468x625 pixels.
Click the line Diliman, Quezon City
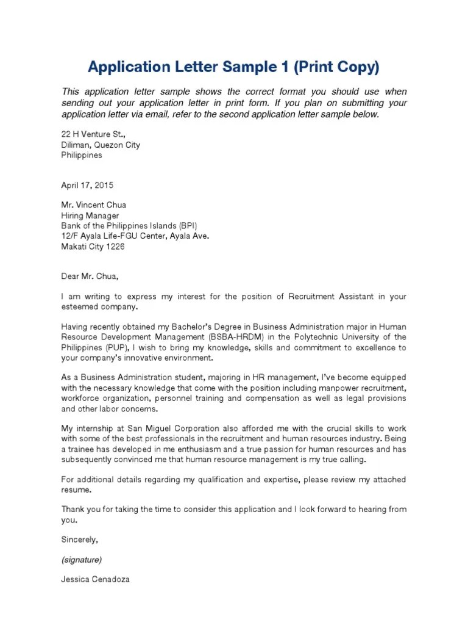[101, 145]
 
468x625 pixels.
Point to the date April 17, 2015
[87, 185]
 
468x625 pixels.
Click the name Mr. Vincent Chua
[94, 205]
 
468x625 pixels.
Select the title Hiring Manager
[90, 215]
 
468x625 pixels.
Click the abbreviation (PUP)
[118, 347]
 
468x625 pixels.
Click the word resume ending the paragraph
[77, 490]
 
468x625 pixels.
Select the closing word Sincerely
[79, 540]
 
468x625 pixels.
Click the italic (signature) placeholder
[82, 560]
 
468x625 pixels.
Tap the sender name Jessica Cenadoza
[95, 580]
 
